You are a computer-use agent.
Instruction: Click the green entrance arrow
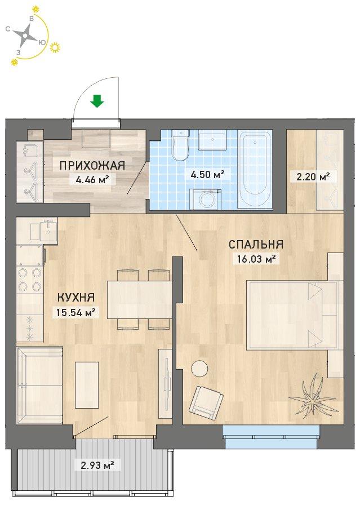coord(96,101)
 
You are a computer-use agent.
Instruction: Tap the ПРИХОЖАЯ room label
coord(92,166)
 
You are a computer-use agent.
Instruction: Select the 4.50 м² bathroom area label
coord(208,175)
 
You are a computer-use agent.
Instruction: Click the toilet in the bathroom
coord(180,145)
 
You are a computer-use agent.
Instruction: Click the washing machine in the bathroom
coord(206,199)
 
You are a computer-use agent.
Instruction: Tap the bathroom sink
coord(212,140)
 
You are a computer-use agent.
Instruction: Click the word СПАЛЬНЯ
coord(256,245)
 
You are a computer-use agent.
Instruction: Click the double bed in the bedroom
coord(294,315)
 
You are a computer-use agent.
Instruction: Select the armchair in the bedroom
coord(206,400)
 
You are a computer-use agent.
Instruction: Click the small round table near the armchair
coord(199,368)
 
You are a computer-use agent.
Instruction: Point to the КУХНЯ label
coord(76,297)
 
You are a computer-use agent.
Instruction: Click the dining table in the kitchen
coord(140,299)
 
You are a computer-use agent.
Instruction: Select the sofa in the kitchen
coord(39,385)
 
